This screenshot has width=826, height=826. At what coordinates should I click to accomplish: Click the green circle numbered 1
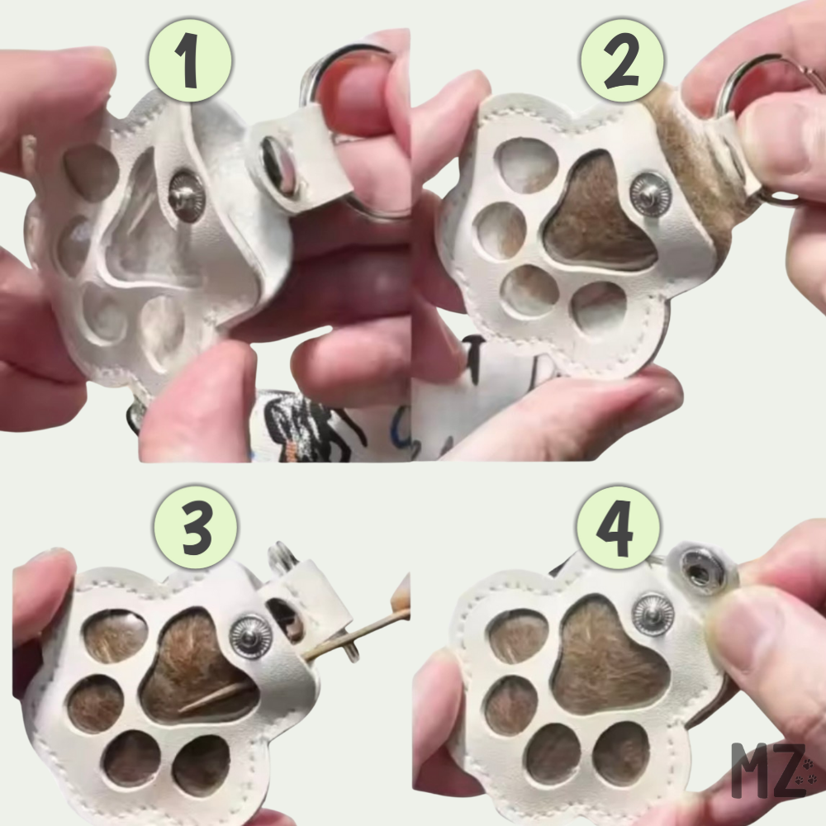(190, 60)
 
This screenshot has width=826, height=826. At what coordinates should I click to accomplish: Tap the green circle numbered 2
(622, 60)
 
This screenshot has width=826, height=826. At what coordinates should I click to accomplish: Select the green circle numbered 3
(196, 528)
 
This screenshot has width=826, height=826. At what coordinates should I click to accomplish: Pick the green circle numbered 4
(617, 528)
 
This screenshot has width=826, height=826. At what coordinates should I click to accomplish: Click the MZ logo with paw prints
(775, 770)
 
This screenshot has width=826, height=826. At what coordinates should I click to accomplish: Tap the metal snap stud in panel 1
(187, 196)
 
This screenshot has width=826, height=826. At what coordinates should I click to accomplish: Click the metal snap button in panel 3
(251, 637)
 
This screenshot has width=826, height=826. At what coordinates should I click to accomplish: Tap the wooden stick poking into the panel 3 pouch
(295, 659)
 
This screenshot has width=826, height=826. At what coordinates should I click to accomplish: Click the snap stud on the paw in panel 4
(653, 615)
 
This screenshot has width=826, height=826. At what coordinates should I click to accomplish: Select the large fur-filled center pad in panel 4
(611, 658)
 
